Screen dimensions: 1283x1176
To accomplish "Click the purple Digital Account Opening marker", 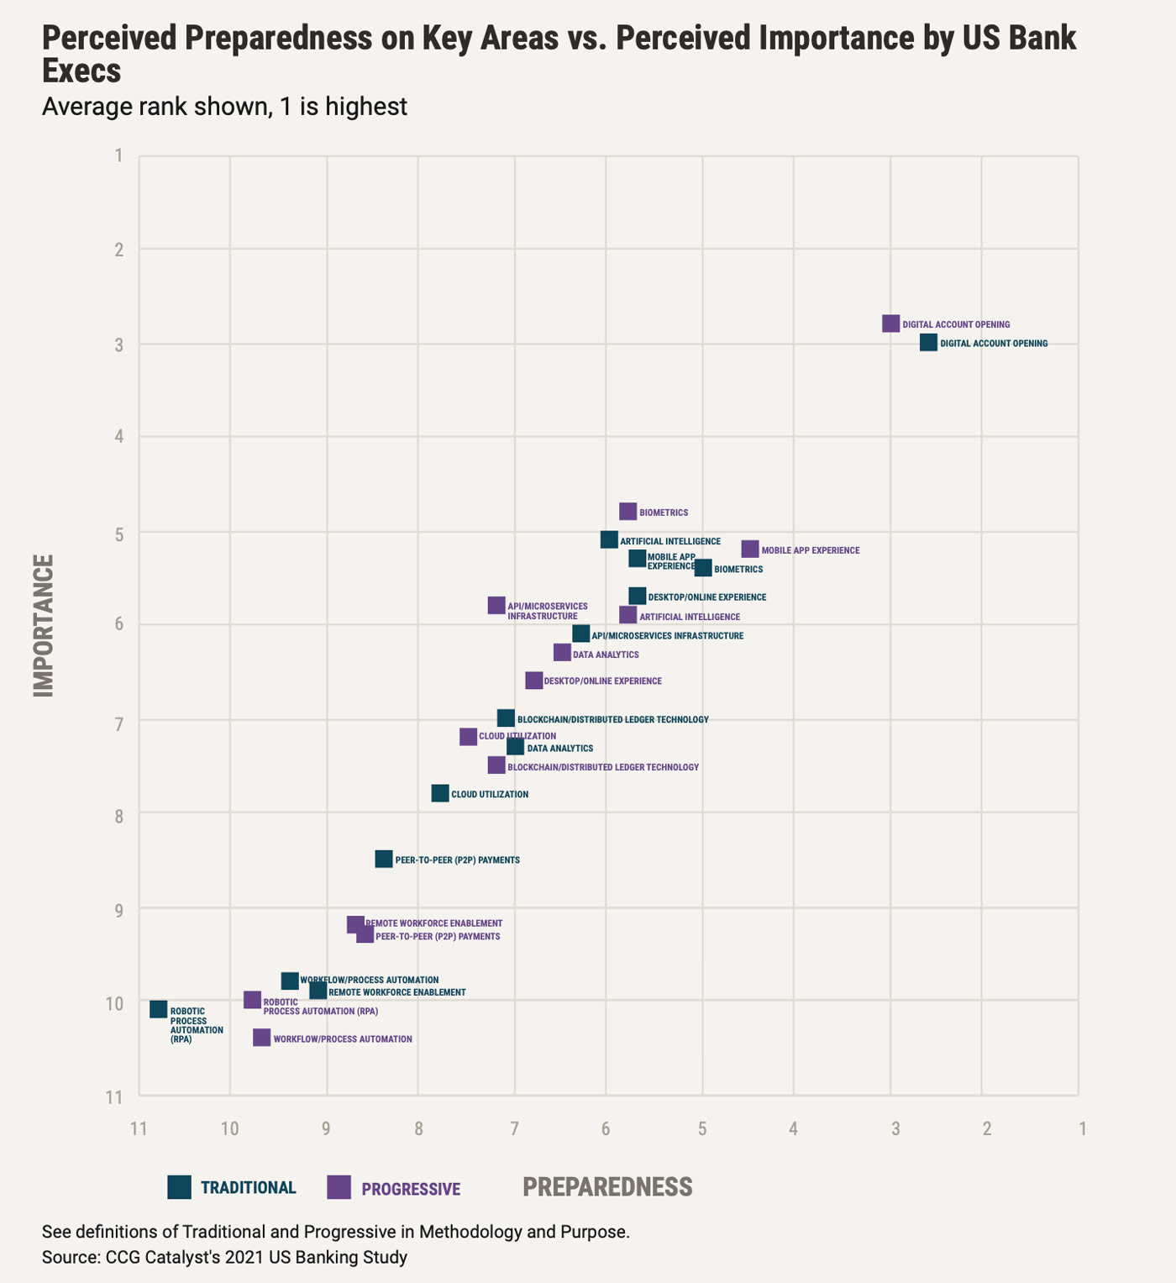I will point(891,323).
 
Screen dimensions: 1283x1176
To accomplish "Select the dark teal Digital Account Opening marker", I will point(928,342).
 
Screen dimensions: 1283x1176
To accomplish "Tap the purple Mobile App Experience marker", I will point(750,549).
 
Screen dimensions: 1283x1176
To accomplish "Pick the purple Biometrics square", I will point(628,512).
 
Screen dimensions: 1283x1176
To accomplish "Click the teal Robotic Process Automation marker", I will point(159,1009).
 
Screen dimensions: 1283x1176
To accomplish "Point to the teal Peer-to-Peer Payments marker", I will point(384,859).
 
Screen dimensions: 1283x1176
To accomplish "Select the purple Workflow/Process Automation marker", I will point(262,1038).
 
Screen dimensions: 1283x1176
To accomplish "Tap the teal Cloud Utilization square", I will point(440,793).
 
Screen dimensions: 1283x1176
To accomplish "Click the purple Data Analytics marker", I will point(562,653).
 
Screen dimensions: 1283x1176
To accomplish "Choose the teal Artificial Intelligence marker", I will point(609,540).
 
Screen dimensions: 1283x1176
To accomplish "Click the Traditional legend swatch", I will point(180,1186).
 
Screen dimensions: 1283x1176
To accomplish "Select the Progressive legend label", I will point(411,1189).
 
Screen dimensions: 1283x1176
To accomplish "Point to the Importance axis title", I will point(43,625).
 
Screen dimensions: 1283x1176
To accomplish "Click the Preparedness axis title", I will point(607,1186).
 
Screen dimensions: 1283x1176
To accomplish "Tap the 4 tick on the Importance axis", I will point(119,436).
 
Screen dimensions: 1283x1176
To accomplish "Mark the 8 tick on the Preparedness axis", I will point(418,1128).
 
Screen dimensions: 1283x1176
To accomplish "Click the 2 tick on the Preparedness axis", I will point(986,1128).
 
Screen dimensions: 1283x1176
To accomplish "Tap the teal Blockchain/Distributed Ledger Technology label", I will point(612,720).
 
